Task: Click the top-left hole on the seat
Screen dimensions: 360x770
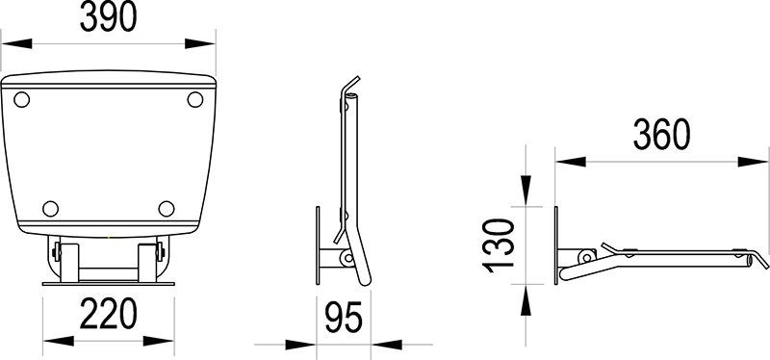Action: [24, 97]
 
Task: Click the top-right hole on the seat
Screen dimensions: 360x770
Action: [194, 98]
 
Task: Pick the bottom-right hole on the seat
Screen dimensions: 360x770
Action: [166, 207]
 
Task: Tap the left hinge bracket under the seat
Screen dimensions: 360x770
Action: [59, 257]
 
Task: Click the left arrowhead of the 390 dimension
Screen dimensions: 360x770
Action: [12, 43]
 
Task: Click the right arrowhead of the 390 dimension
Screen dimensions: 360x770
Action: [204, 43]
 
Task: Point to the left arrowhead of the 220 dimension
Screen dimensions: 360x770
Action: [54, 340]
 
